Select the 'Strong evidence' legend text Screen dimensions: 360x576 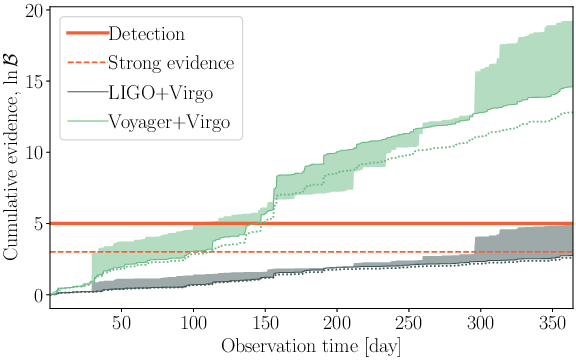(x=171, y=63)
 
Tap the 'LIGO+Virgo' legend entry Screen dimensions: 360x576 (x=158, y=93)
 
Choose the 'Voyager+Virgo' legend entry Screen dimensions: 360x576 (x=168, y=122)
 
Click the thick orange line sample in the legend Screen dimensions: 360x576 (x=86, y=34)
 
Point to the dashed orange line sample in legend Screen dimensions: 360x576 (x=86, y=63)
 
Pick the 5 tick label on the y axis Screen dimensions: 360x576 (x=37, y=224)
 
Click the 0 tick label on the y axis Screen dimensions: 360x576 (x=37, y=295)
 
